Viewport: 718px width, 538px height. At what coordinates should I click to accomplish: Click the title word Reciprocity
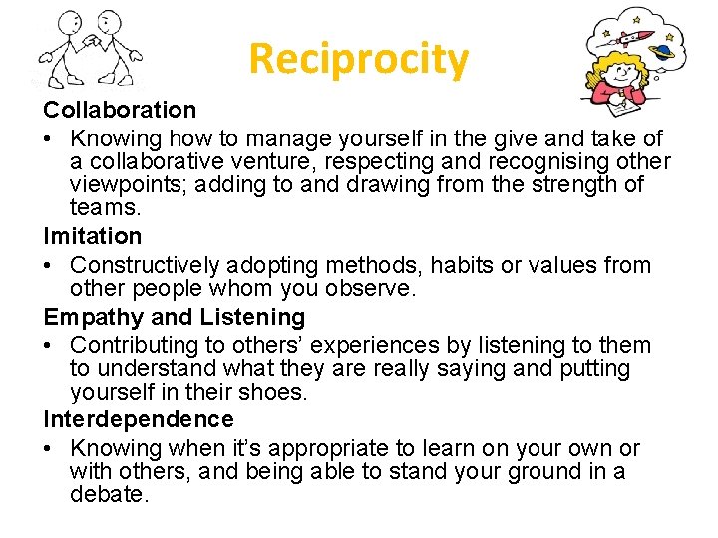pos(358,59)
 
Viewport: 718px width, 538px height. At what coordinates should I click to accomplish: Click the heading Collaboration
pos(120,109)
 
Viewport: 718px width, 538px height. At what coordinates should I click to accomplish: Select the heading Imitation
pos(93,236)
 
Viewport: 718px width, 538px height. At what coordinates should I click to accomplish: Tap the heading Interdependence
pos(139,419)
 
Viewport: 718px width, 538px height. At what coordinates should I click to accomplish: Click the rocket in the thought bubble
pos(624,38)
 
